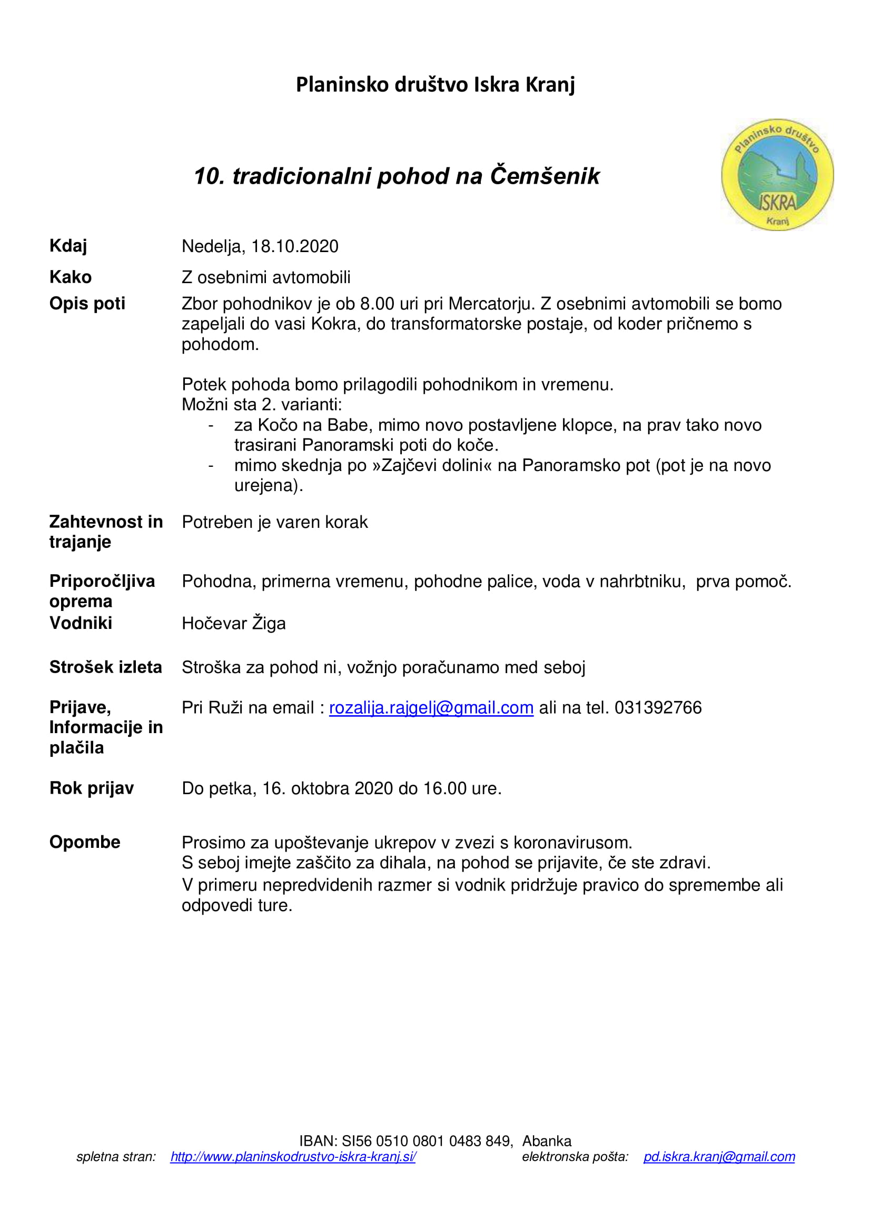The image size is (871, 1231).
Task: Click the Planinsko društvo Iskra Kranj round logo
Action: point(777,175)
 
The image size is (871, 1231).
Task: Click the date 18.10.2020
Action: point(295,247)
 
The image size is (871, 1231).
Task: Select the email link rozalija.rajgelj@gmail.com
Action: point(431,708)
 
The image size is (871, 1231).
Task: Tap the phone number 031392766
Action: point(658,708)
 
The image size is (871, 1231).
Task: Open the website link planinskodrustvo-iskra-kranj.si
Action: point(293,1156)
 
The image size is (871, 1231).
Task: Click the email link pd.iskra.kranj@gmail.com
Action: point(719,1156)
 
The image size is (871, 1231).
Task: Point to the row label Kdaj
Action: point(68,246)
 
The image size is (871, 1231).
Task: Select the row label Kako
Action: point(70,277)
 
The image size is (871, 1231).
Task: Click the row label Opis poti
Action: point(87,304)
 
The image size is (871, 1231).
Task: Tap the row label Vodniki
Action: point(81,623)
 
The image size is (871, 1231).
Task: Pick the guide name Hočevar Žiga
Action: point(233,624)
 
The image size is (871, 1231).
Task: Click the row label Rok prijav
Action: point(91,788)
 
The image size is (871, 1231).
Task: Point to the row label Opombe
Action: point(85,842)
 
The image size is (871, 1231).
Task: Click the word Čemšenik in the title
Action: point(545,176)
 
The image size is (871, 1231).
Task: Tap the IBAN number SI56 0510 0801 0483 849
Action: point(427,1141)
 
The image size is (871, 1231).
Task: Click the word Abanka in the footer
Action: point(547,1141)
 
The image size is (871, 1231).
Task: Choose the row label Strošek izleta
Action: point(106,667)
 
